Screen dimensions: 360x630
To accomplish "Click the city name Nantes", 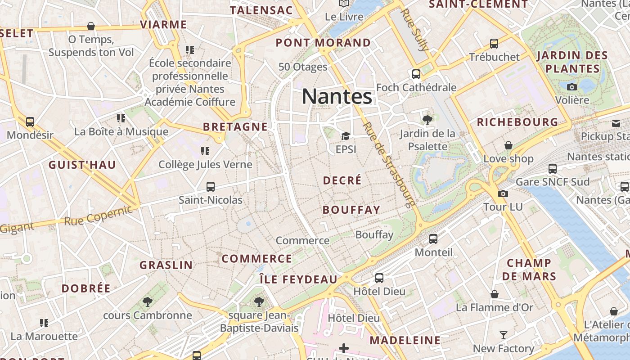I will point(337,96).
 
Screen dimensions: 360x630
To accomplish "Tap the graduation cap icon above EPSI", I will point(346,136).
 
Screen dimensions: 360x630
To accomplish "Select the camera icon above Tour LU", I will point(503,193).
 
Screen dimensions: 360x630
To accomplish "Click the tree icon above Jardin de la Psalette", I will point(427,120).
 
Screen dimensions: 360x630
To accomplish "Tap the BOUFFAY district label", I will point(351,210).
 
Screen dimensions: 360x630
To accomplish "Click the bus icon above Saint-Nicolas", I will point(210,186).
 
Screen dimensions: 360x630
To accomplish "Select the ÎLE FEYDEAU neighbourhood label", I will point(298,279).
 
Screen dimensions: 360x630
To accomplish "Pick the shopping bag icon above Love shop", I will point(508,145).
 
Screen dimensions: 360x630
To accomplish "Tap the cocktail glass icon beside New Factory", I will point(503,335).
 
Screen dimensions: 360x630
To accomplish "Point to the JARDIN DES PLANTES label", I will point(572,62).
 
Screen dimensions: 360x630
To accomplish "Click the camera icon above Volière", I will point(572,87).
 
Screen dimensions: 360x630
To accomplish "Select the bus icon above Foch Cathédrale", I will point(416,74).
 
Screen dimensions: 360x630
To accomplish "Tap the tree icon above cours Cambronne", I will point(147,302).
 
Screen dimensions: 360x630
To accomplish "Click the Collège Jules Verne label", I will point(205,164).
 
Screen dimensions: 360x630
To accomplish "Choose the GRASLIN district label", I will point(166,265).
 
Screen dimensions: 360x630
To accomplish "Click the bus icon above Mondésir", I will point(30,122).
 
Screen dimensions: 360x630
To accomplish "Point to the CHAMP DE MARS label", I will point(529,269).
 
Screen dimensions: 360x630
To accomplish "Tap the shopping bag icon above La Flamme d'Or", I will point(495,294).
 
